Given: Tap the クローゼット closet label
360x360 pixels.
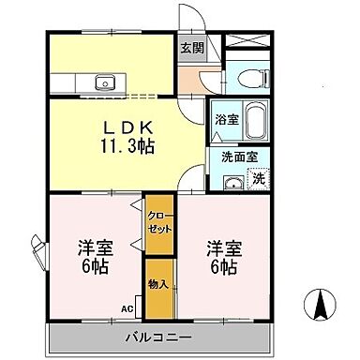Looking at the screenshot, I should (157, 222).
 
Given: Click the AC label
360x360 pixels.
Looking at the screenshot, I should (127, 307).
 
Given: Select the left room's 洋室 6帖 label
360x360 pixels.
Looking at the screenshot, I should (92, 256).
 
